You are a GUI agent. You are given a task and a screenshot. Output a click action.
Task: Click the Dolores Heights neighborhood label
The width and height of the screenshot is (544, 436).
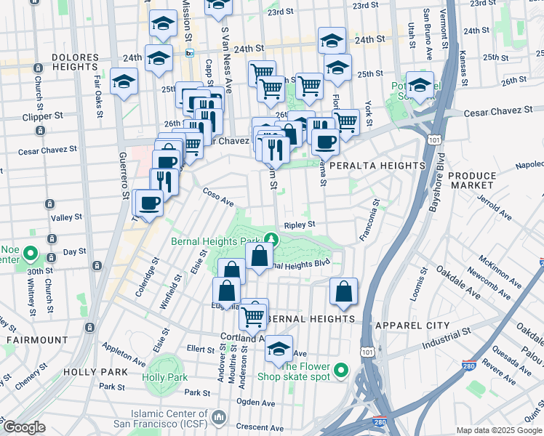point(75,56)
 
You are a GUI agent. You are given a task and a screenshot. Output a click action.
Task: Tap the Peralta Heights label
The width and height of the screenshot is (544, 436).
point(377,166)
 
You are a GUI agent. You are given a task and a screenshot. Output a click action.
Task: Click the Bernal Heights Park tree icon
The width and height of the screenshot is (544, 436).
point(271,238)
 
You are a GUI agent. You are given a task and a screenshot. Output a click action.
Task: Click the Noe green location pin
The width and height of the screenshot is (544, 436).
point(31,254)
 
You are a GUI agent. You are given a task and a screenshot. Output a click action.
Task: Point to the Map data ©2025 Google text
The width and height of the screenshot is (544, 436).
point(499,430)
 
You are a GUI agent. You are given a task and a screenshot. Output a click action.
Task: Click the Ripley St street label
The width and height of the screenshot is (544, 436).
point(300,225)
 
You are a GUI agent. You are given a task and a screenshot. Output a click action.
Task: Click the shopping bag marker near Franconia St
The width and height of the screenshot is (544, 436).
point(343,291)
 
